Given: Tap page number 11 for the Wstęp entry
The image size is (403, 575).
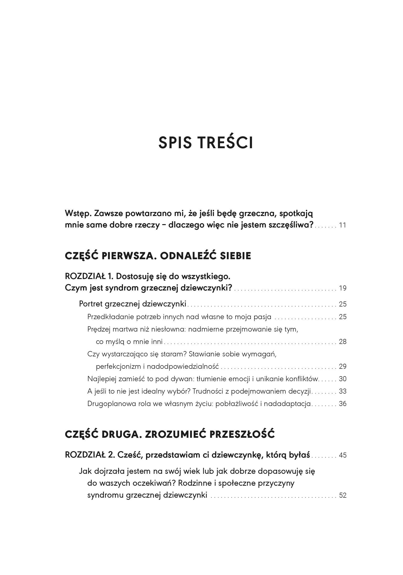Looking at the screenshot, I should point(342,225).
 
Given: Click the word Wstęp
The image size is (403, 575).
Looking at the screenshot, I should point(75,214).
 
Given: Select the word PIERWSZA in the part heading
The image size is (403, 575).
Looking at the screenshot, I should point(129,256).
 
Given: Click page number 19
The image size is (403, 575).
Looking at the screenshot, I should point(342,288).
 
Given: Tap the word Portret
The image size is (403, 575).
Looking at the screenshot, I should point(91,304).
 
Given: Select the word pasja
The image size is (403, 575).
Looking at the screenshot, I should point(263,317).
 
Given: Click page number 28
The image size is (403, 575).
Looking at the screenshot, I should point(342,342).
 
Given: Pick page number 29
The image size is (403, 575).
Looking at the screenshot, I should point(342,366).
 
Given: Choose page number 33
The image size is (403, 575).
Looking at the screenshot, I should point(342,391).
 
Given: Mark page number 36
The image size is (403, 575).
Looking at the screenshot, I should point(342,404).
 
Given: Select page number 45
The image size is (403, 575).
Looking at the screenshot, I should point(342,455).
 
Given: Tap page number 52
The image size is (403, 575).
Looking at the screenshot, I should point(342,495).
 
